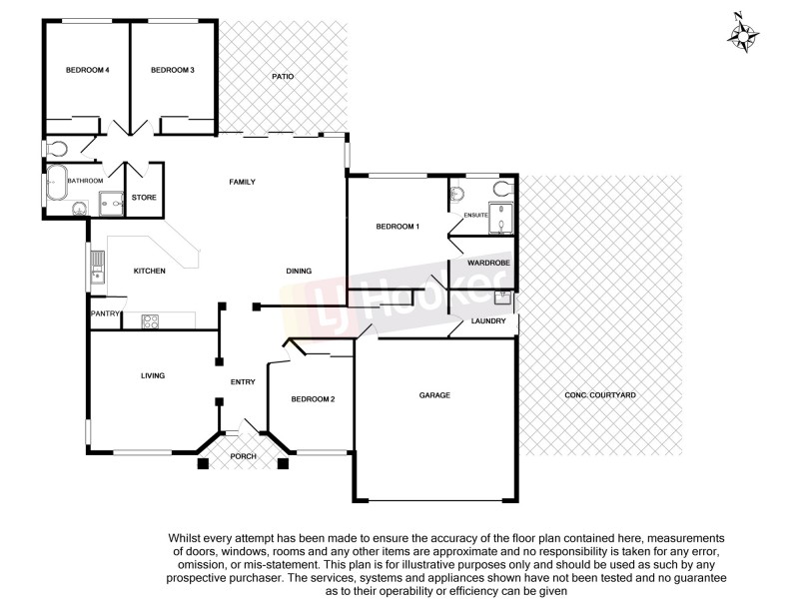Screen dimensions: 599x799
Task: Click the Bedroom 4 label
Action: [87, 70]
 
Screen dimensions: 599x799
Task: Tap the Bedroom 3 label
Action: [172, 70]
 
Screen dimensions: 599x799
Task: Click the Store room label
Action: [145, 197]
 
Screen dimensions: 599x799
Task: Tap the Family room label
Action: [243, 182]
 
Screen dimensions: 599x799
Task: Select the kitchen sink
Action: [97, 266]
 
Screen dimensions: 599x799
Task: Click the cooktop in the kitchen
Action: [152, 320]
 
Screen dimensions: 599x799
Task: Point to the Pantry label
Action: [105, 314]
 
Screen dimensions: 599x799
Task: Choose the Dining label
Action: [299, 271]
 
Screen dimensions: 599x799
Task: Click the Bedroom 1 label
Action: [397, 227]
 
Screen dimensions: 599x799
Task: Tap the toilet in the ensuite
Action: [457, 192]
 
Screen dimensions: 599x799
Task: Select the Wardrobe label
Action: [482, 263]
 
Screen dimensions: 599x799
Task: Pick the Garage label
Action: [434, 395]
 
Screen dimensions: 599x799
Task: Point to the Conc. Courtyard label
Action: [600, 395]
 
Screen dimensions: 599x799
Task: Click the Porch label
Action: [244, 456]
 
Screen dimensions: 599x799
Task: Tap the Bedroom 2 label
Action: [313, 399]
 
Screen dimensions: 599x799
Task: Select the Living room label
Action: [152, 375]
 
